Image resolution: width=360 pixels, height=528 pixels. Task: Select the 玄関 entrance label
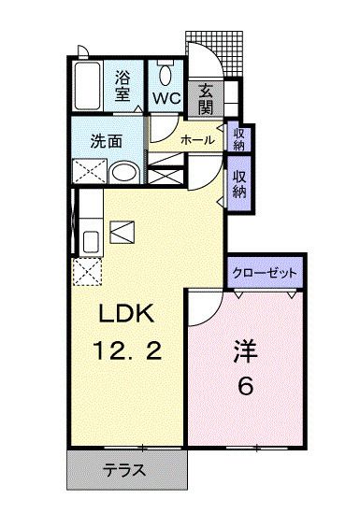(206, 96)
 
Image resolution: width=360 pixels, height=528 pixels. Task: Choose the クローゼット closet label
(266, 272)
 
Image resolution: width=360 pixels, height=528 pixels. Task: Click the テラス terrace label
(124, 471)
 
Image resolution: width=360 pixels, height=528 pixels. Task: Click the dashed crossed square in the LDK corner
(88, 272)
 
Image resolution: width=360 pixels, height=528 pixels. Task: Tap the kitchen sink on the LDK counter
(90, 240)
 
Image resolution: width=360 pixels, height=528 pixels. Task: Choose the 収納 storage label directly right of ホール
(238, 137)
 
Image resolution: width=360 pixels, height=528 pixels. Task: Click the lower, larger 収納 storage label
(239, 184)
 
